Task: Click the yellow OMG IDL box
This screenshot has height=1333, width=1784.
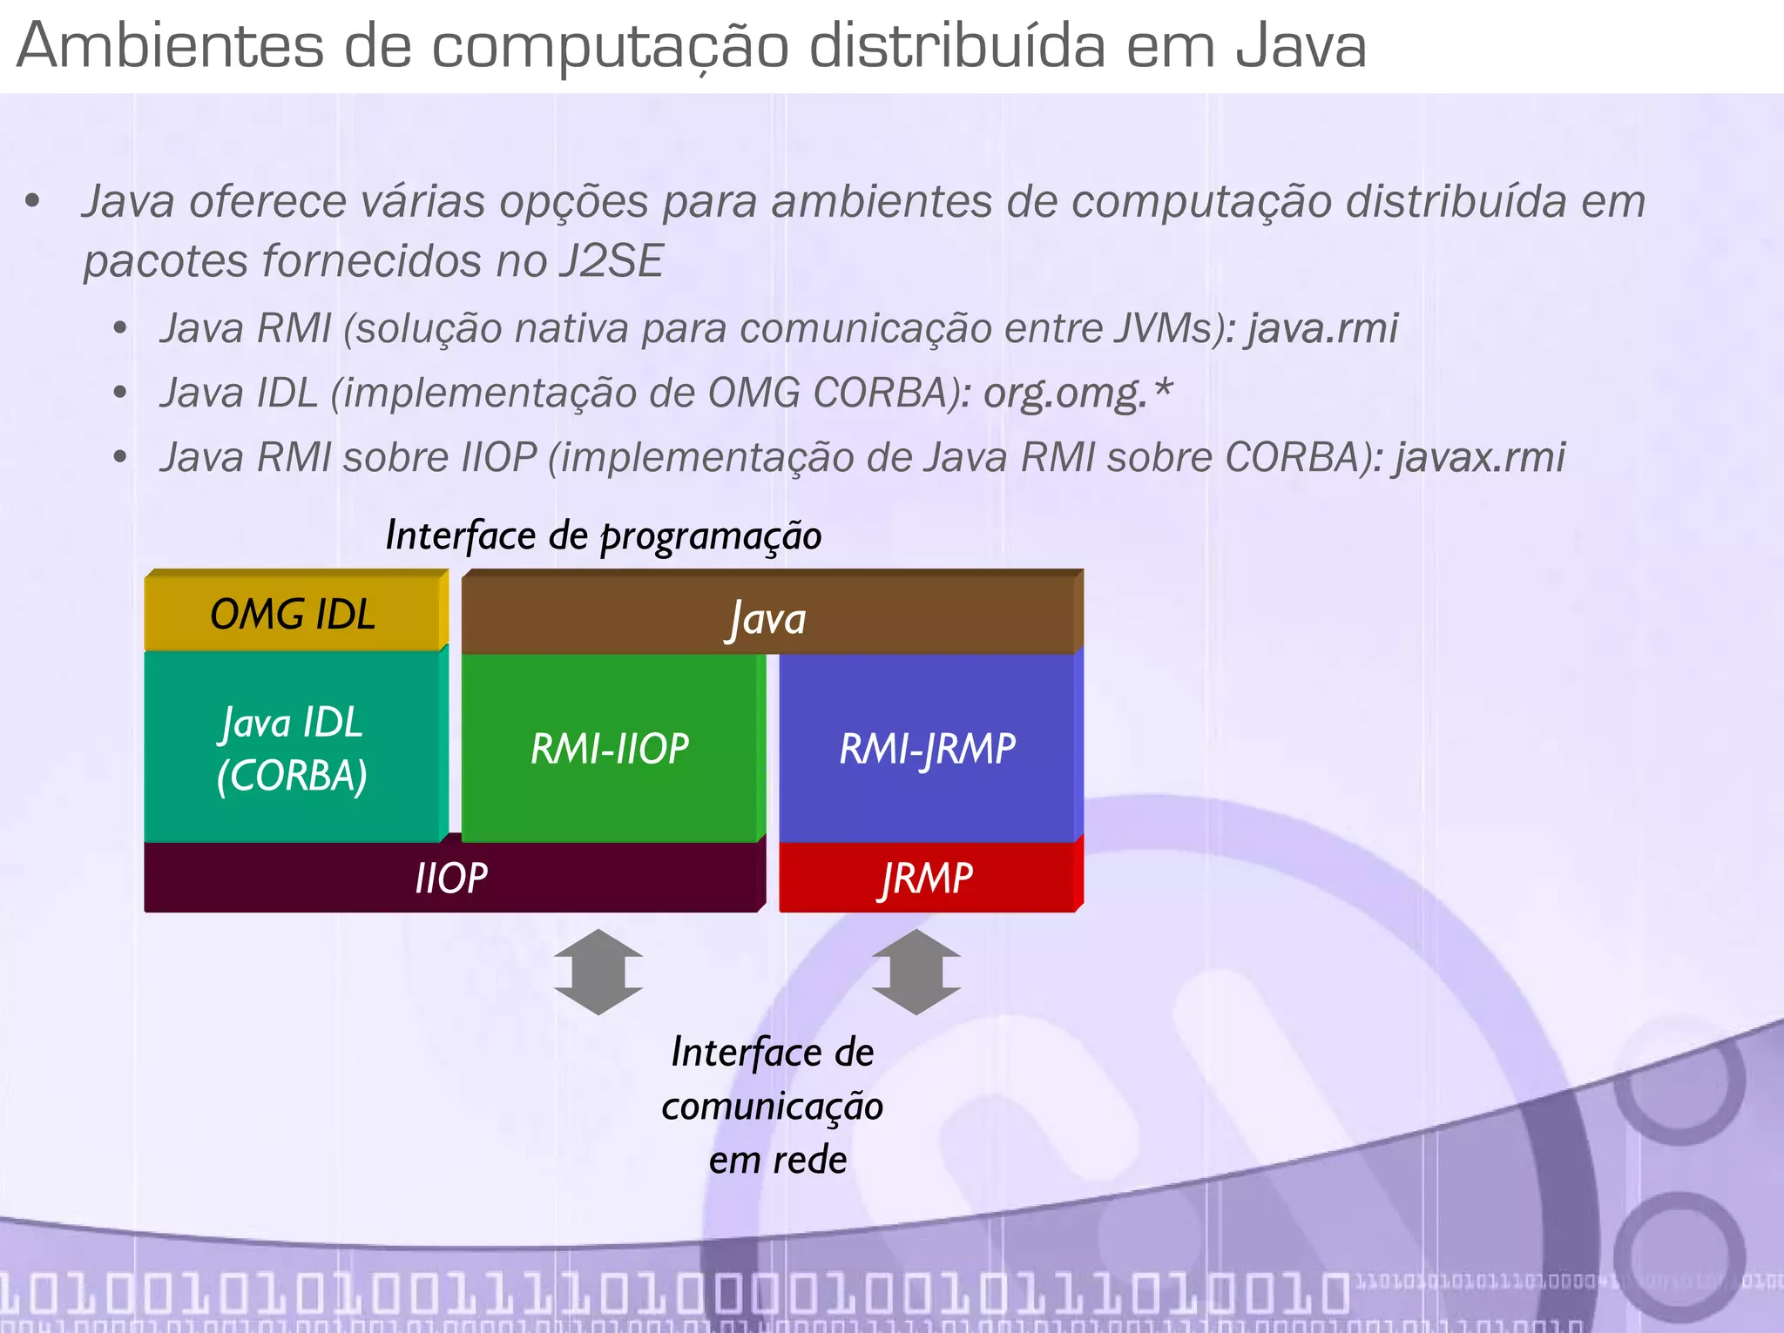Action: tap(294, 613)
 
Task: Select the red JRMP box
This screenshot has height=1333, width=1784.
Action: tap(927, 878)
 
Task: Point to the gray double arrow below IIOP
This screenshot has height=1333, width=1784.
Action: tap(598, 972)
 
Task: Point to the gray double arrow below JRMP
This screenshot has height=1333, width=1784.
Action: tap(916, 972)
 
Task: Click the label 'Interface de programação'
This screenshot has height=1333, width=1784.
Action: tap(604, 535)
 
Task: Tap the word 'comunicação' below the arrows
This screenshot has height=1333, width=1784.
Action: tap(773, 1107)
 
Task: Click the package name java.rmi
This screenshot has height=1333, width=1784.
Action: tap(1322, 329)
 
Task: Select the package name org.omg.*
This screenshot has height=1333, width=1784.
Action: tap(1078, 394)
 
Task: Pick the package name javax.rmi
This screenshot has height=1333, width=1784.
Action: tap(1479, 458)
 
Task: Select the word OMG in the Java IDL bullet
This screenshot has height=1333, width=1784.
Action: tap(754, 394)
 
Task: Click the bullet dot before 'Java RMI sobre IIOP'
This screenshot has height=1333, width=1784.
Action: tap(121, 458)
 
